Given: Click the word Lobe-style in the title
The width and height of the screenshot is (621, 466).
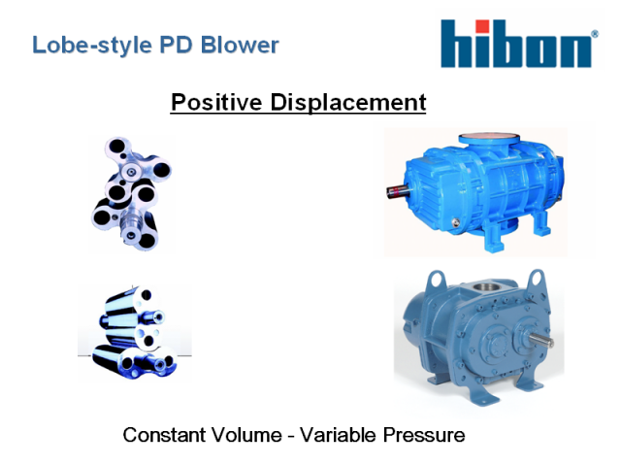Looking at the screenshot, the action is tap(92, 46).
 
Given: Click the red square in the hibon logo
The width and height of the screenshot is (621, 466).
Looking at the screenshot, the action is tap(482, 26).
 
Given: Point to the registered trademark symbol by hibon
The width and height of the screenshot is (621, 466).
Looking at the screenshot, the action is tap(595, 34).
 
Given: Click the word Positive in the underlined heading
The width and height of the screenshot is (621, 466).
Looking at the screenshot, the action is tap(216, 102).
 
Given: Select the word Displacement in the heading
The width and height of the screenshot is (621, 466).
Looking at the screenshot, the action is tap(348, 103).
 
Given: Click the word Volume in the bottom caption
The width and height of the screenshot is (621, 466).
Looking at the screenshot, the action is tap(248, 435).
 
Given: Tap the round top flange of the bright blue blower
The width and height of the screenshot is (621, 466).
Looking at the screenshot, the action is tap(489, 139).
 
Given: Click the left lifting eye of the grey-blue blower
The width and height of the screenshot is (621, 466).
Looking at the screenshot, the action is tap(436, 279).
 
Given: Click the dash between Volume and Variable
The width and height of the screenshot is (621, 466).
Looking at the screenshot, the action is tap(291, 436).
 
